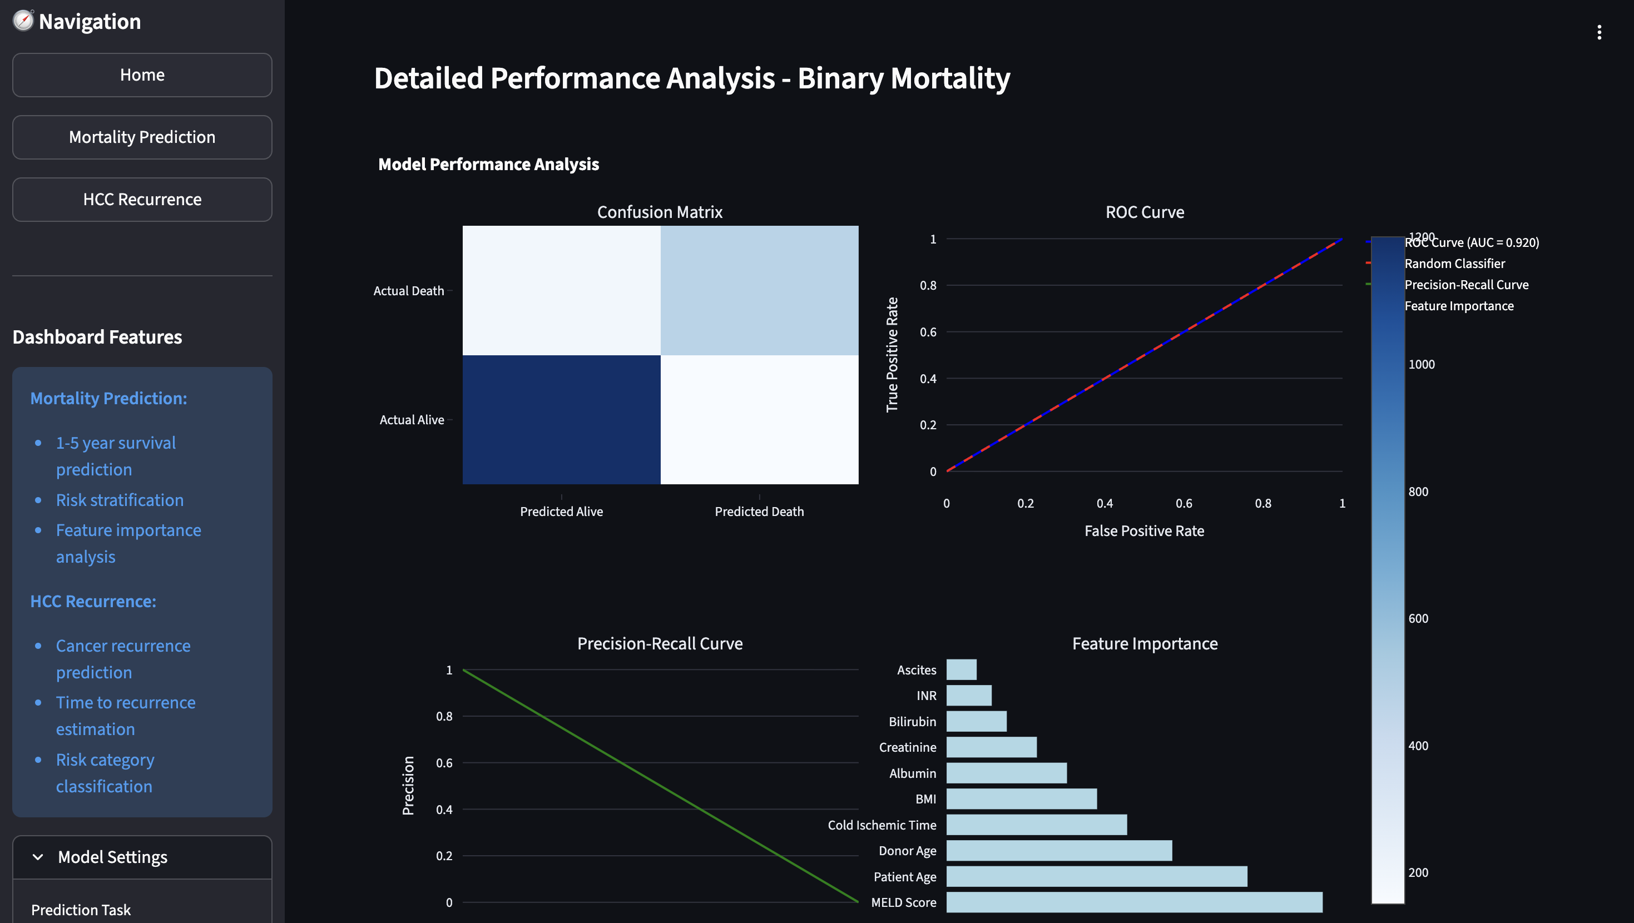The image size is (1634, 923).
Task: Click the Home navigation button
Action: point(142,75)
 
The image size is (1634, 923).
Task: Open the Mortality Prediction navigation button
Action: point(142,137)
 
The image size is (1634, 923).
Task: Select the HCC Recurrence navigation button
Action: point(142,199)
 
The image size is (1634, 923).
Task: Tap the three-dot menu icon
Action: point(1599,32)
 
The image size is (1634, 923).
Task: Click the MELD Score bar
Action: point(1134,902)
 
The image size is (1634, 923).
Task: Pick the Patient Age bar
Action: point(1096,877)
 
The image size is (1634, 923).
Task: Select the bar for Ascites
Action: point(961,670)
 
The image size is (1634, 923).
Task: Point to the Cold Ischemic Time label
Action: point(882,825)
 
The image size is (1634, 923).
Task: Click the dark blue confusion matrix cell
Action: point(561,419)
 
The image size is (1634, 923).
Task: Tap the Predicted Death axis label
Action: point(759,512)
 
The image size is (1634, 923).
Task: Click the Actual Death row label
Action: point(408,291)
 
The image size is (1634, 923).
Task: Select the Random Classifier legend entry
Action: point(1454,263)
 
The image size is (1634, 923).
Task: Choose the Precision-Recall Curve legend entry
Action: point(1466,285)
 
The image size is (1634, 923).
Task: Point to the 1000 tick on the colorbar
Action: point(1421,364)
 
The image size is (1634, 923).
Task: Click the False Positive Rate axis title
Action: point(1143,531)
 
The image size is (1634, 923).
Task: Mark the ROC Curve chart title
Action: point(1145,212)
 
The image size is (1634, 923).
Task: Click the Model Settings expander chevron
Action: point(38,857)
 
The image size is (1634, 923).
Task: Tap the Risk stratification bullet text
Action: point(120,500)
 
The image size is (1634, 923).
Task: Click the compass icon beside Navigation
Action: point(23,21)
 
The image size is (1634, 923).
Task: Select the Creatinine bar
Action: point(991,747)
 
